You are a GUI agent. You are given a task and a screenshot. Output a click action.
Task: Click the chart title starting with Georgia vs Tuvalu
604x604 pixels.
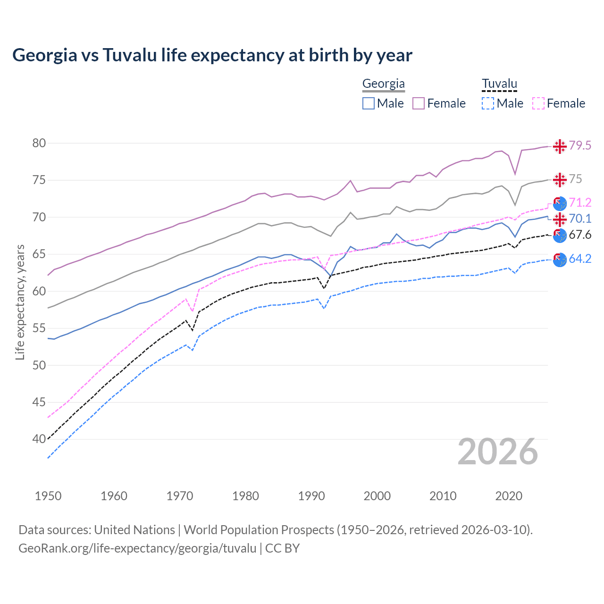pos(212,55)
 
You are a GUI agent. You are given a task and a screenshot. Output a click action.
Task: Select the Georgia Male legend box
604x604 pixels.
pos(369,103)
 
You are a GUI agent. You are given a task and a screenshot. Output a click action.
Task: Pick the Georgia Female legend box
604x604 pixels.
pos(419,103)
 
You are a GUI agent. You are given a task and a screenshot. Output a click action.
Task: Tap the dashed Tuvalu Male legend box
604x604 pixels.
pos(488,103)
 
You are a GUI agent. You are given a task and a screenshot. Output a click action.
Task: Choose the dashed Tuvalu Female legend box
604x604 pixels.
pos(538,103)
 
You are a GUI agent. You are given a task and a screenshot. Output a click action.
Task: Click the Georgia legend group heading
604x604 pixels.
pos(383,84)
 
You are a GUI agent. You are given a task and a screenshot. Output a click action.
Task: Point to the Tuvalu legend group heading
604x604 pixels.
pos(499,84)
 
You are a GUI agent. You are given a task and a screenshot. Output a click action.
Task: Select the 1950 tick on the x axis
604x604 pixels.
pos(48,496)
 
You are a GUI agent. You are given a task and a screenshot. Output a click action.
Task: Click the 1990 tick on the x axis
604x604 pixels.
pos(311,496)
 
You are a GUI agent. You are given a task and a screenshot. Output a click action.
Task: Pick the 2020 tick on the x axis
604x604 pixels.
pos(509,496)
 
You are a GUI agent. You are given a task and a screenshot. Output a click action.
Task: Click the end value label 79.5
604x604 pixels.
pos(580,146)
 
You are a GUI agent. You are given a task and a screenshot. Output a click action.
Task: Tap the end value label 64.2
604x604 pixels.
pos(580,259)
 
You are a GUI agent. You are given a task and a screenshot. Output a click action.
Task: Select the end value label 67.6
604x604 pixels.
pos(580,235)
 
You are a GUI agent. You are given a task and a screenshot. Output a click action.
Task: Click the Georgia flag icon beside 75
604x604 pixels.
pos(560,180)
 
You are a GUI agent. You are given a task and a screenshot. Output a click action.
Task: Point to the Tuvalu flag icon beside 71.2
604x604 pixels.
pos(560,203)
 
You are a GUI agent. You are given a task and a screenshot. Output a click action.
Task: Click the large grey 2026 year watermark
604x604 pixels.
pos(498,452)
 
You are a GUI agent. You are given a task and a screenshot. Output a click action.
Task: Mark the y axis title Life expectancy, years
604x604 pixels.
pos(20,302)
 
